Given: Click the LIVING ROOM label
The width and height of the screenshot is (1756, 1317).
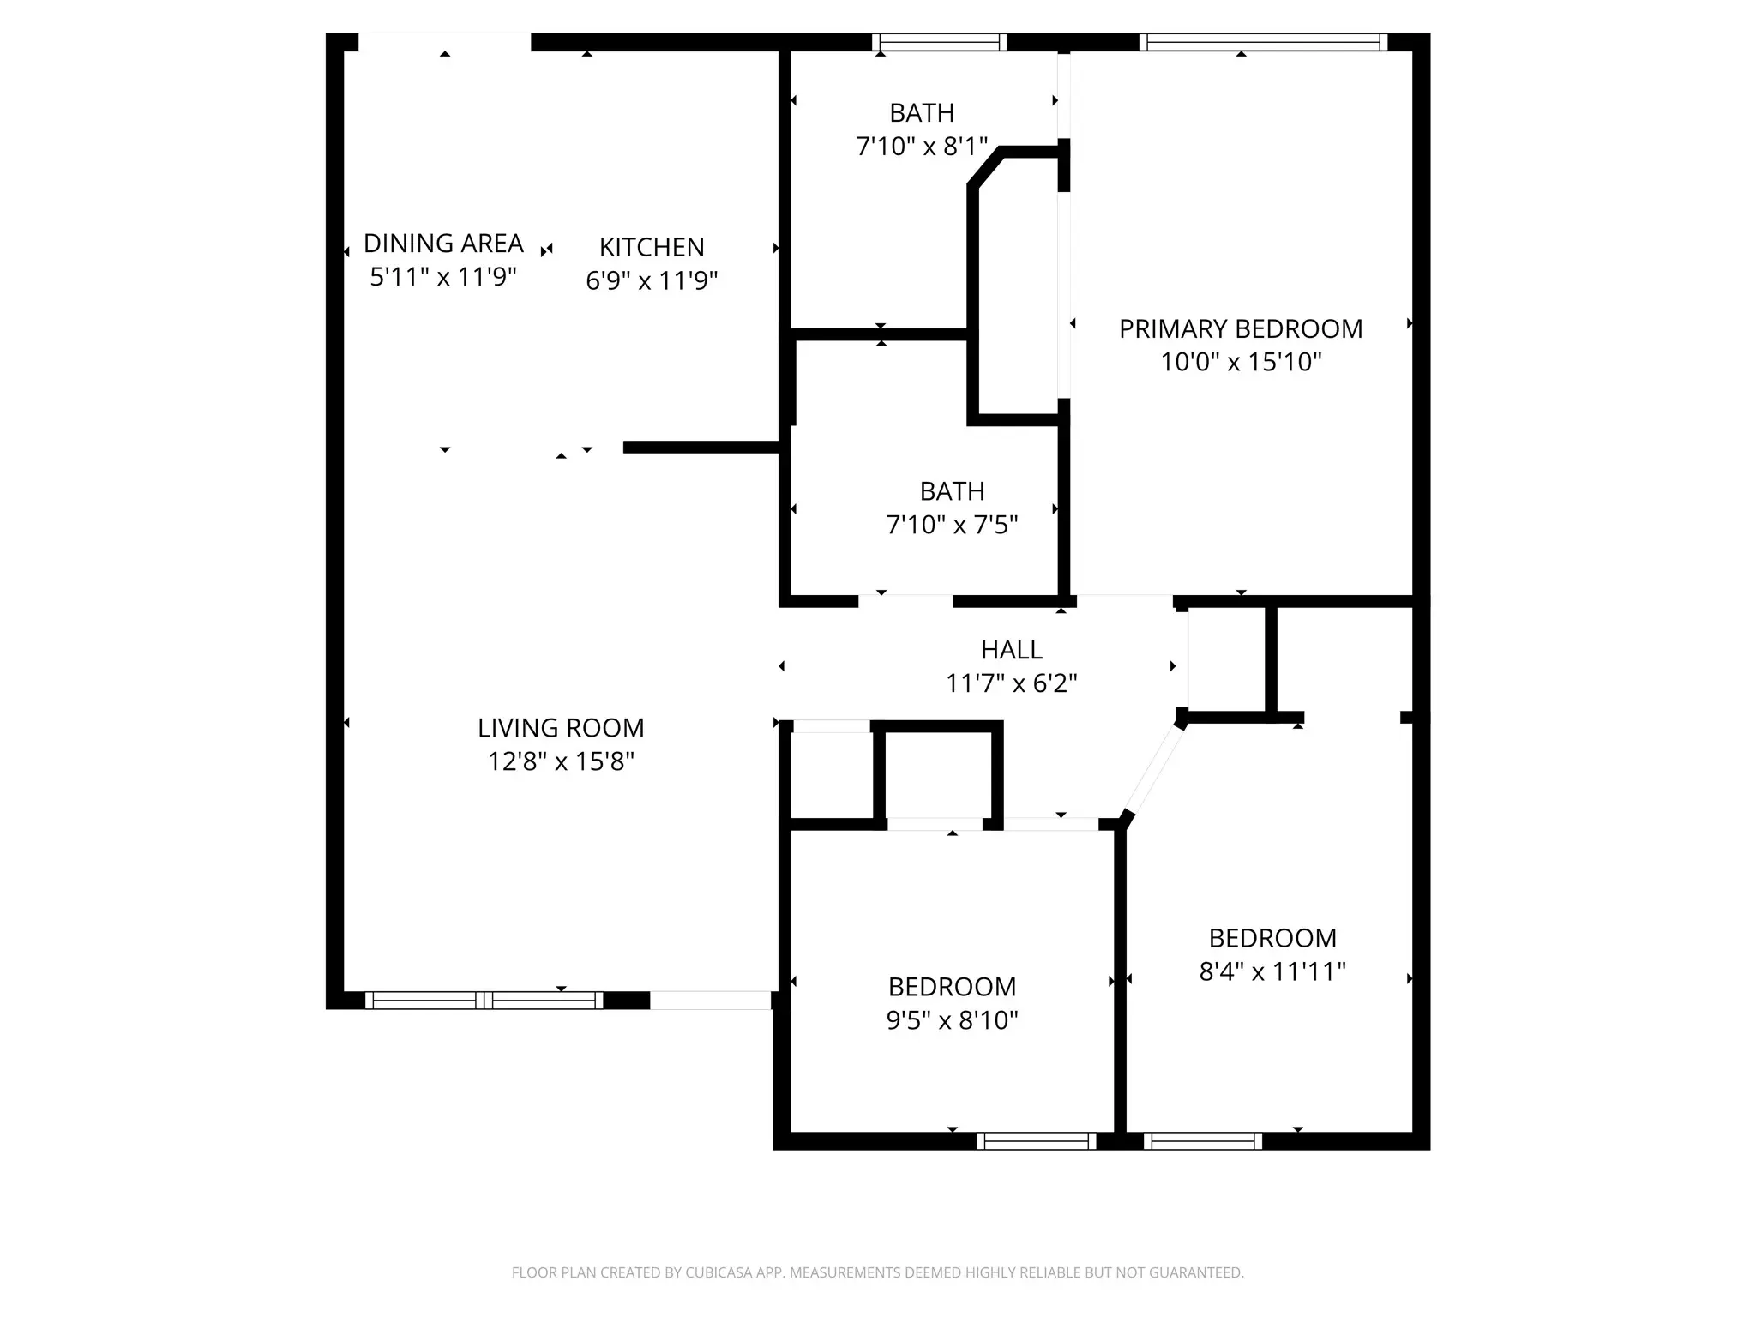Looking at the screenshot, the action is point(561,728).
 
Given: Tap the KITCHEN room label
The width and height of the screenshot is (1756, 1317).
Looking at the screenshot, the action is point(652,247).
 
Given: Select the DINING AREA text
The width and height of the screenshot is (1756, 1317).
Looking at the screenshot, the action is point(443,244).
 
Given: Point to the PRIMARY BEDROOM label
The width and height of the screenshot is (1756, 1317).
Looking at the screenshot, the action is point(1241,328).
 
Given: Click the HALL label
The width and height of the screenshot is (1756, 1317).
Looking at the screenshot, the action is point(1012,650).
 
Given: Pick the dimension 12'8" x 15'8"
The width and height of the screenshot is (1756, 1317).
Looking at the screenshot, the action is point(561,761).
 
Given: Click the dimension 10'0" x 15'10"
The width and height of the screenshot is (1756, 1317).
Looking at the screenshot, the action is point(1241,362).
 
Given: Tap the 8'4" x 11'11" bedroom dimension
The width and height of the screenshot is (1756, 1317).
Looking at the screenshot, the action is point(1272,971).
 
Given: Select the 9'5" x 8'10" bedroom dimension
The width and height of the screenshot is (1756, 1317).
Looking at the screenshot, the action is point(952,1020).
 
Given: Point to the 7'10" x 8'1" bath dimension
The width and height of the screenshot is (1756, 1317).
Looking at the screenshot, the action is point(922,147).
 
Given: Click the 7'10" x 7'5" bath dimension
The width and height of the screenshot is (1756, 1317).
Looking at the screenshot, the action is point(952,525).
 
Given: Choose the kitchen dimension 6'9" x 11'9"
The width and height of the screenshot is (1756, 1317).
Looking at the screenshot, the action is point(652,280).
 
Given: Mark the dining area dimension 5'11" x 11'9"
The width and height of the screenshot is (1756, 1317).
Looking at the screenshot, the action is point(443,277).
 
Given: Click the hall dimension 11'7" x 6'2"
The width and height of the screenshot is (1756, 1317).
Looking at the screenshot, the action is point(1012,683).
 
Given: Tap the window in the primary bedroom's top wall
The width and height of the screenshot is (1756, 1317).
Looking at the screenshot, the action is point(1263,42).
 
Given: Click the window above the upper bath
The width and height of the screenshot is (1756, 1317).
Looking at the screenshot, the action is point(940,42).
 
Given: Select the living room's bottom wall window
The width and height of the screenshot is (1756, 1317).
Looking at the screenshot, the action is point(484,1000).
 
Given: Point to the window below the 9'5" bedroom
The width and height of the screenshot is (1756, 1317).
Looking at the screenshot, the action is point(1037,1141).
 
